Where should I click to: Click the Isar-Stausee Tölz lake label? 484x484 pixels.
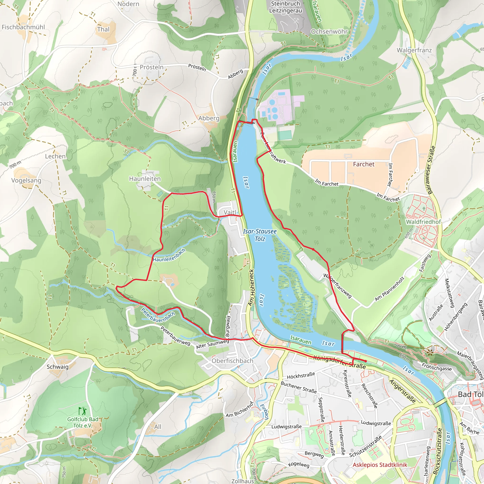(260, 235)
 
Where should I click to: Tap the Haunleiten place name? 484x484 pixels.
(145, 179)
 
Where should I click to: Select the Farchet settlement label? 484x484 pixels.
(363, 164)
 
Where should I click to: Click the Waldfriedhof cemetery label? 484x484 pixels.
(423, 222)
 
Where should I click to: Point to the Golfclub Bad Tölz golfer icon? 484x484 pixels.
(82, 411)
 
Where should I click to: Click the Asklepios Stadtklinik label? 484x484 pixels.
(380, 465)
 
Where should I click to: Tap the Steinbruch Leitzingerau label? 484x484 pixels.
(285, 7)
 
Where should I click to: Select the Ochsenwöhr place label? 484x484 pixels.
(329, 32)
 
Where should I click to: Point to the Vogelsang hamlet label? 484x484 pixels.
(26, 180)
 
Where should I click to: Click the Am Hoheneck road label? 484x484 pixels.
(251, 287)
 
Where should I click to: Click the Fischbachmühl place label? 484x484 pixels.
(23, 27)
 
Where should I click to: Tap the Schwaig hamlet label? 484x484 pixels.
(57, 367)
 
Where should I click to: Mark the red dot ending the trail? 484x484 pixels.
(366, 361)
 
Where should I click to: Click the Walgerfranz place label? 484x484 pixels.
(414, 50)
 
